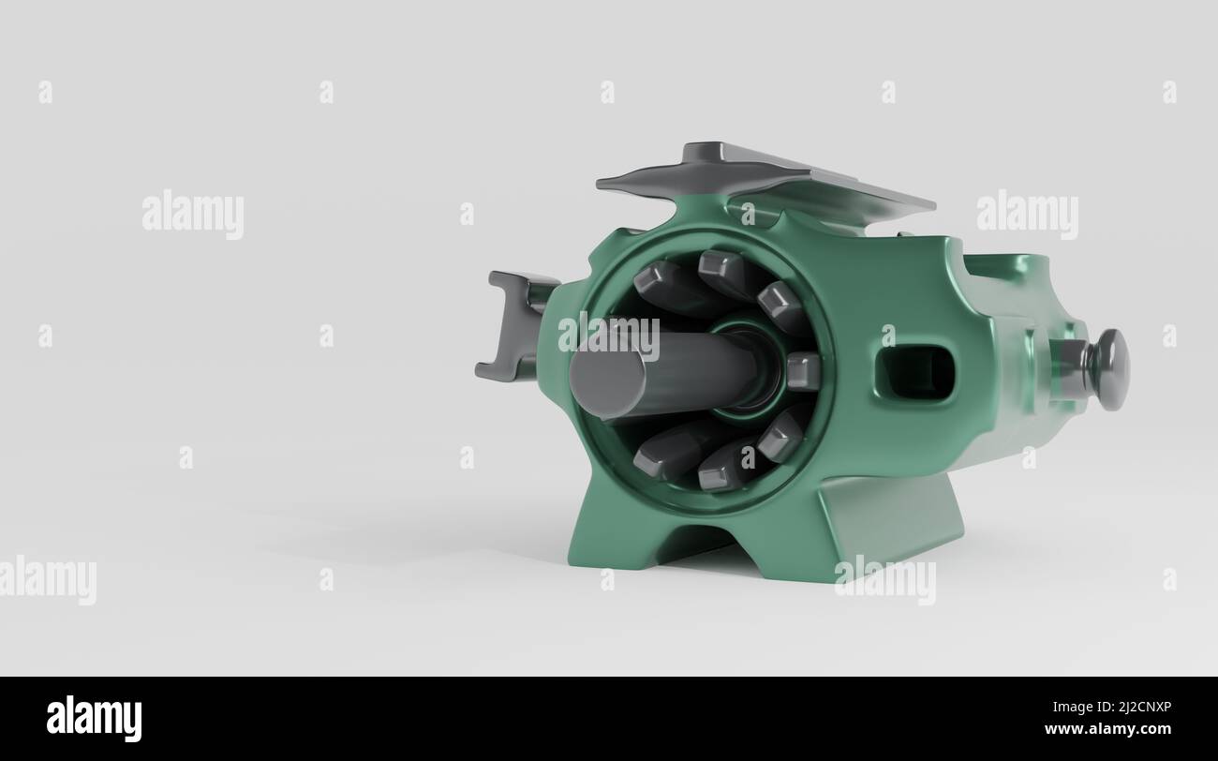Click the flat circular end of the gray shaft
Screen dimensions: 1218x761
(x=607, y=384)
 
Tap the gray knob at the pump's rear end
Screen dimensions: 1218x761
(x=1109, y=369)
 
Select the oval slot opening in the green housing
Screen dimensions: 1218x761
(x=916, y=374)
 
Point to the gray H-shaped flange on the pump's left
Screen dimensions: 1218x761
(x=512, y=325)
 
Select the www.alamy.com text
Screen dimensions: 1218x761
(x=1107, y=729)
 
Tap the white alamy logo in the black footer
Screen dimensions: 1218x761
(x=94, y=718)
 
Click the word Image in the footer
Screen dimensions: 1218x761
(x=1071, y=708)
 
